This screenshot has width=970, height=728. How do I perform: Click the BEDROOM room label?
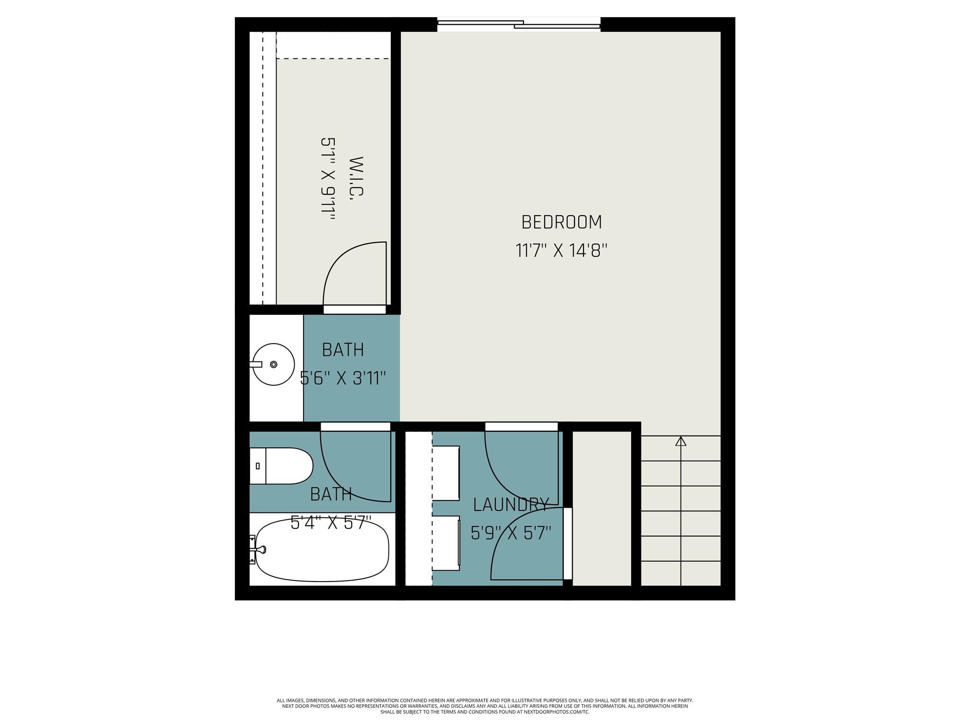click(x=561, y=222)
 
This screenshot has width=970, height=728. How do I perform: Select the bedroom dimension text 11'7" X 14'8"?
click(x=561, y=250)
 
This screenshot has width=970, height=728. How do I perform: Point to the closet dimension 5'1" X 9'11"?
click(x=328, y=179)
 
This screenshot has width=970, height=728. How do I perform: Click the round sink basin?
click(x=273, y=364)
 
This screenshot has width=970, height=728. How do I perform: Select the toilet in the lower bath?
click(x=282, y=466)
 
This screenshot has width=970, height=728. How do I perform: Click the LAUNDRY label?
click(x=511, y=505)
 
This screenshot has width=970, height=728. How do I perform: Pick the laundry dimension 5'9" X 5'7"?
click(x=511, y=533)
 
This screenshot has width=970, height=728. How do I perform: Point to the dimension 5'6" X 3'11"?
click(x=343, y=378)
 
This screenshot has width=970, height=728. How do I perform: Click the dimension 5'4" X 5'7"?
click(x=331, y=523)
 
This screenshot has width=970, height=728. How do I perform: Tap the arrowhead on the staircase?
click(x=681, y=441)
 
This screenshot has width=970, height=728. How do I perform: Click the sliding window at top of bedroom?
click(x=519, y=24)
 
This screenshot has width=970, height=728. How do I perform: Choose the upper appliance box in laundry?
click(x=446, y=473)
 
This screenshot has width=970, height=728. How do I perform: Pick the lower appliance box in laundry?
click(x=446, y=543)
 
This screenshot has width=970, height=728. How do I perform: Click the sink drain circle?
click(x=274, y=364)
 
